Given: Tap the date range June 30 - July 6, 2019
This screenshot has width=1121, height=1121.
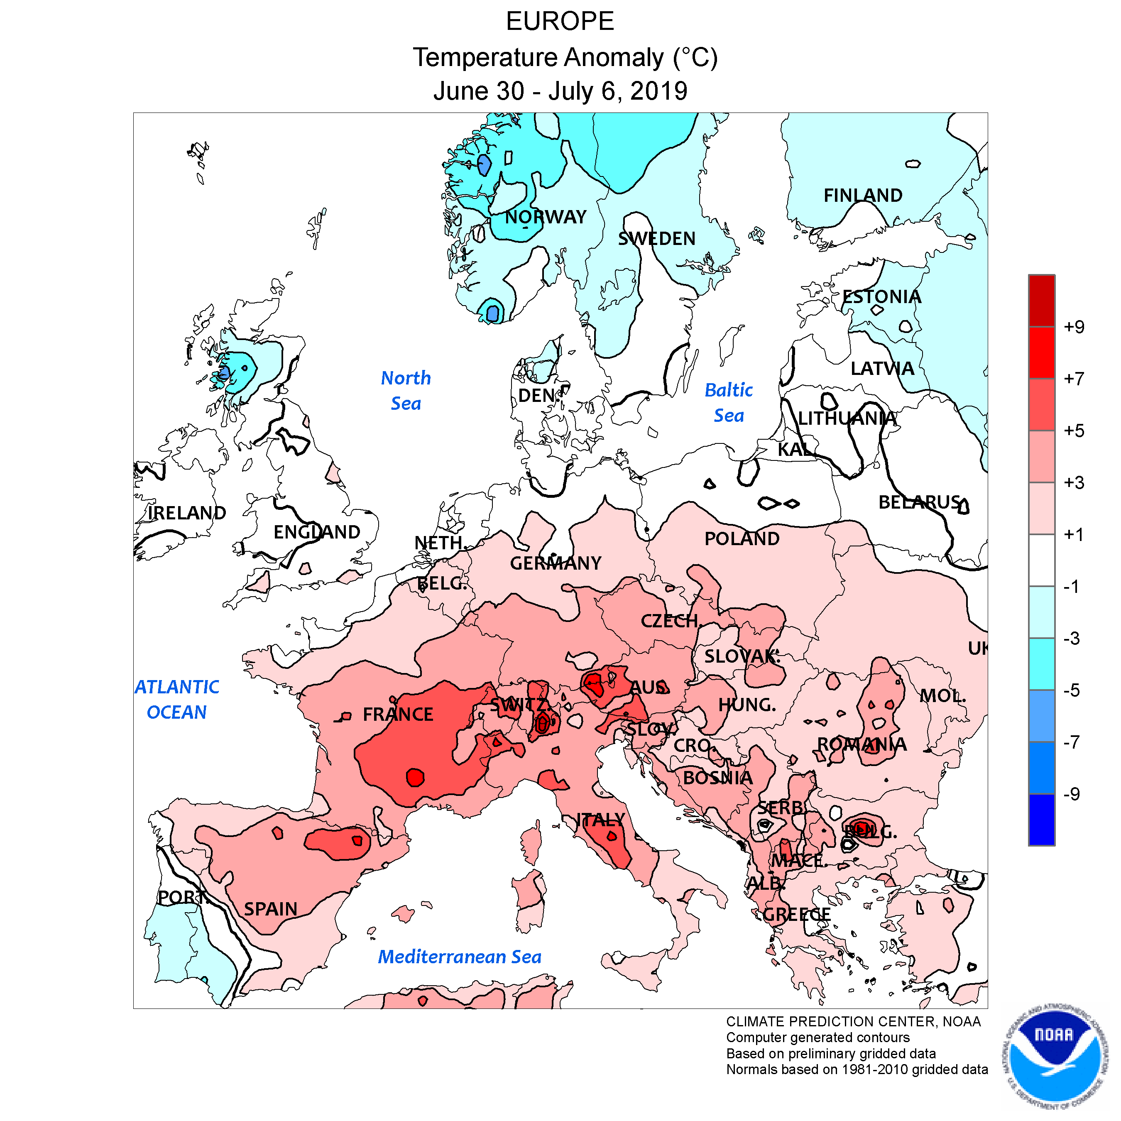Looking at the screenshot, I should (560, 91).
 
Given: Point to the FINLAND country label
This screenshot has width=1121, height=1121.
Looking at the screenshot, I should (863, 196).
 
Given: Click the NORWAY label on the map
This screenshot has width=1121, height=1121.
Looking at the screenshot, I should (546, 217).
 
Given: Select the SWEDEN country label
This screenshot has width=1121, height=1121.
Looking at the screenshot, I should (656, 238).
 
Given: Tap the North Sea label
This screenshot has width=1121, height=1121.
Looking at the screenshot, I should (406, 391).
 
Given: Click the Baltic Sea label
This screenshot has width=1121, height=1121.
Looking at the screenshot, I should (729, 403).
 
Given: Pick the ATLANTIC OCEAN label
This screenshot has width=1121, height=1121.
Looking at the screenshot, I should (177, 699).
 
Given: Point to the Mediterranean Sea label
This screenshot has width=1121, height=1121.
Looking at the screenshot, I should (460, 957).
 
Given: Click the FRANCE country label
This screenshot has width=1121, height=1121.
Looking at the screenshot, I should (398, 714).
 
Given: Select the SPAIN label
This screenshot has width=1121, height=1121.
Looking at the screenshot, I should (270, 909).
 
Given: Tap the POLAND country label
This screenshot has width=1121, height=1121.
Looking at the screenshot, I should (742, 539).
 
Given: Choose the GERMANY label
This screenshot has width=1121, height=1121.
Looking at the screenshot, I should (555, 563).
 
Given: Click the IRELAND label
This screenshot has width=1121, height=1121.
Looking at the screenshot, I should (187, 513).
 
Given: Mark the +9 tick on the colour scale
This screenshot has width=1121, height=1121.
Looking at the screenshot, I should (1073, 327).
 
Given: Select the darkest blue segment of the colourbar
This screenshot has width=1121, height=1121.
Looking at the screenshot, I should (1042, 819).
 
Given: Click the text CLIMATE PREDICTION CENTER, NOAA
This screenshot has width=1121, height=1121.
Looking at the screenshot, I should (853, 1022).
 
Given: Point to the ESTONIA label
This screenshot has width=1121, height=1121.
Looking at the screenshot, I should (881, 297).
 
